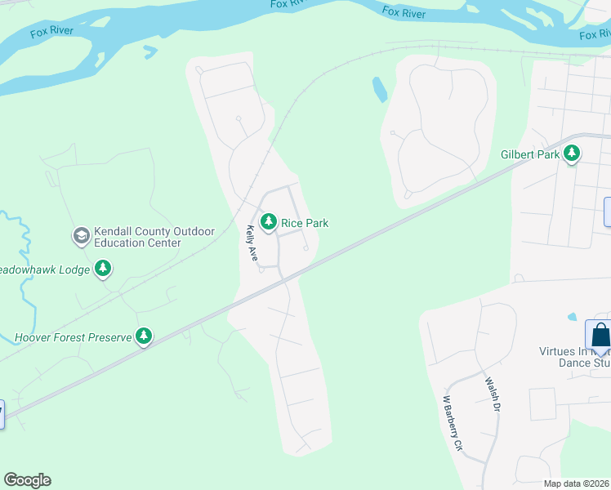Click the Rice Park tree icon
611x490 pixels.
click(x=268, y=222)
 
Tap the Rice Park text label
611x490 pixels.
click(x=305, y=222)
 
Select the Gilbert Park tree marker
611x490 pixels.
click(x=572, y=153)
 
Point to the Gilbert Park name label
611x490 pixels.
click(x=530, y=154)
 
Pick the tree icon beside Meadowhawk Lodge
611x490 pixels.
click(x=102, y=268)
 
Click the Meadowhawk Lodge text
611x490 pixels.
click(x=44, y=268)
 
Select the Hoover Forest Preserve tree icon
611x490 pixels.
click(x=144, y=336)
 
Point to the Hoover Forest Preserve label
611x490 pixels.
click(x=74, y=336)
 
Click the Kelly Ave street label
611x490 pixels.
click(x=252, y=244)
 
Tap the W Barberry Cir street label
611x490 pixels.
click(x=453, y=424)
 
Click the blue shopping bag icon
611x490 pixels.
click(x=600, y=335)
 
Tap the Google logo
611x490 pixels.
click(x=27, y=480)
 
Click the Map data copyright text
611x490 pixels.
click(x=577, y=483)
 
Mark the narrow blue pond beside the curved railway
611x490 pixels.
click(x=380, y=90)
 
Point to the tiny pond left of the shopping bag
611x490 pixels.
click(x=571, y=317)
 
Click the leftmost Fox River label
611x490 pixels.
click(x=51, y=33)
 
